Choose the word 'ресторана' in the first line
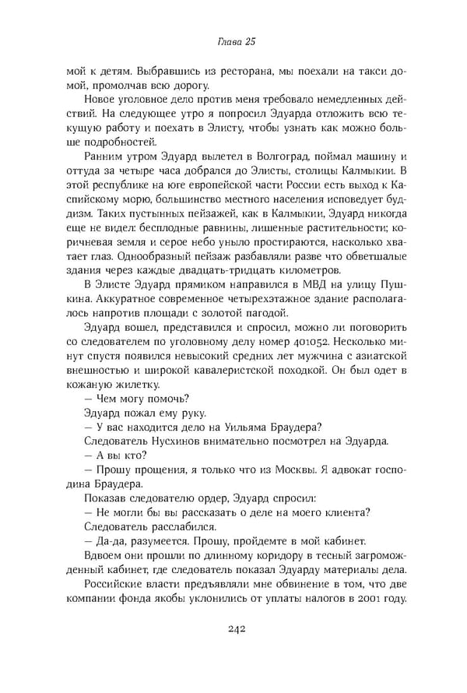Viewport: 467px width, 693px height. (x=231, y=69)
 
